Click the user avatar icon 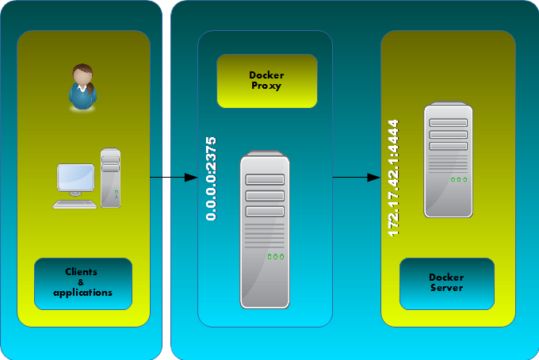click(x=82, y=87)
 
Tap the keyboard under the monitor click(x=75, y=204)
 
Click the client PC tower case click(x=111, y=178)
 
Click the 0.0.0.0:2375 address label click(x=211, y=178)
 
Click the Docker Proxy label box click(x=266, y=81)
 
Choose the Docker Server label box click(x=446, y=283)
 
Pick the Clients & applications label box click(x=82, y=283)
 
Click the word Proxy click(x=267, y=86)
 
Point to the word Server click(x=446, y=288)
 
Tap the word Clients click(x=81, y=272)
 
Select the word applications click(x=82, y=293)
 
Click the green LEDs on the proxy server click(x=275, y=257)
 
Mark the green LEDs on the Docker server click(x=458, y=179)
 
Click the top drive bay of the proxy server click(x=265, y=180)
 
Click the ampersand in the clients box click(x=81, y=282)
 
